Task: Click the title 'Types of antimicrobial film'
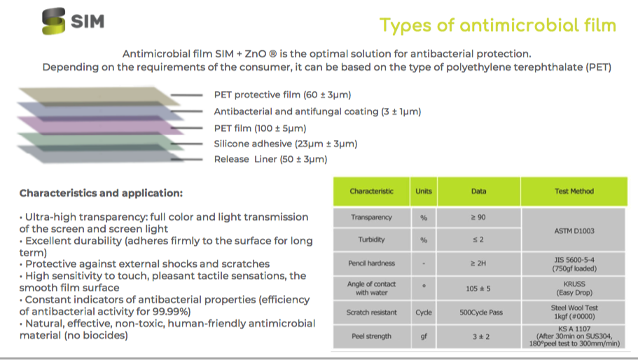click(x=497, y=26)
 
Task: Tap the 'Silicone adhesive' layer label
click(x=286, y=144)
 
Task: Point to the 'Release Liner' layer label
click(x=270, y=159)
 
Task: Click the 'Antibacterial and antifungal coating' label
click(x=317, y=111)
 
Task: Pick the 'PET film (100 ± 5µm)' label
click(x=260, y=128)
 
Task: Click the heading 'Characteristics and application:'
click(x=101, y=193)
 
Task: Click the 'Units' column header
click(x=424, y=191)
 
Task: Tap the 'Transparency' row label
click(x=371, y=218)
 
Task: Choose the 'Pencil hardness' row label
click(x=371, y=263)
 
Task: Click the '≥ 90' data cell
click(x=479, y=218)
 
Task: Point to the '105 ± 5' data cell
click(x=479, y=288)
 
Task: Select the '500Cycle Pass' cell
click(x=479, y=312)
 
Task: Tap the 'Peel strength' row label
click(x=371, y=336)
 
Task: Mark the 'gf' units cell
click(x=424, y=336)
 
